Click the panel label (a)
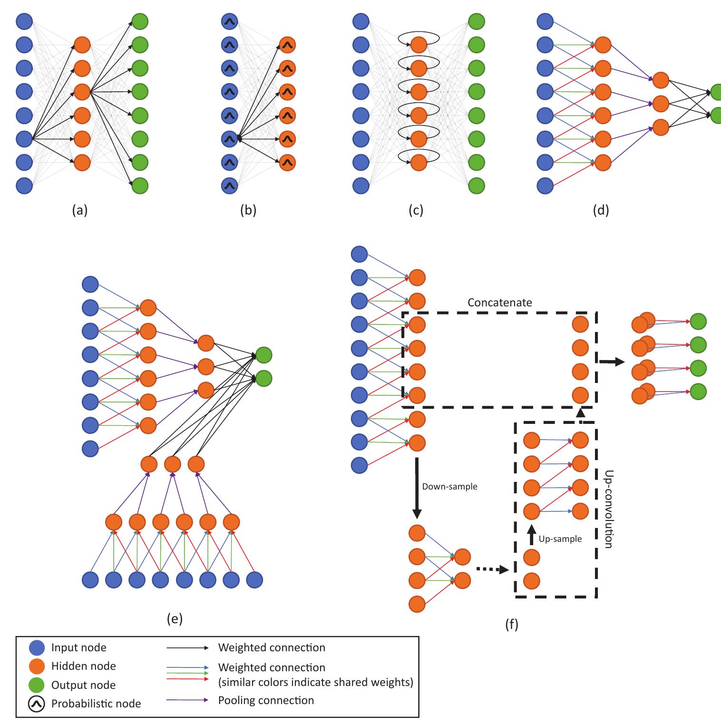(79, 210)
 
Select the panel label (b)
(248, 210)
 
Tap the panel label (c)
(416, 210)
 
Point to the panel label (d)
(601, 210)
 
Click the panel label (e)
(175, 618)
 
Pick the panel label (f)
(511, 624)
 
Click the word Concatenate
(499, 303)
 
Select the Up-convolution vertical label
(607, 509)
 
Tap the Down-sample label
(449, 487)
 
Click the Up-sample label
(560, 539)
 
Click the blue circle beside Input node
(37, 647)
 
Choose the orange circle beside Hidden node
(37, 666)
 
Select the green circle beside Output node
(37, 685)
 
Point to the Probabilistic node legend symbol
(37, 704)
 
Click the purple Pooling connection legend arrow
(187, 700)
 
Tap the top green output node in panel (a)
(140, 21)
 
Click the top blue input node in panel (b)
(230, 21)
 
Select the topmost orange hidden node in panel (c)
(419, 45)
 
